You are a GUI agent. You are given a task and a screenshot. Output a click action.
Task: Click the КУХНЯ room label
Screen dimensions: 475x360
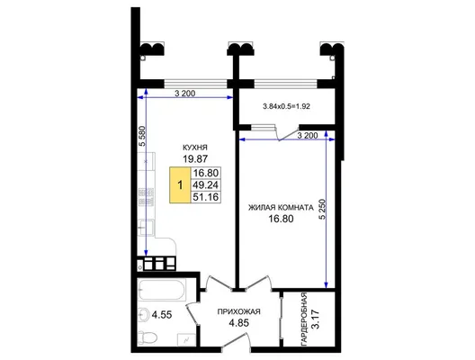click(195, 148)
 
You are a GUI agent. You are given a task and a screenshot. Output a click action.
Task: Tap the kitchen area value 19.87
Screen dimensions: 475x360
click(195, 158)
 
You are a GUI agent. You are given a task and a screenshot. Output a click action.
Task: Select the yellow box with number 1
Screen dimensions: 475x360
click(180, 184)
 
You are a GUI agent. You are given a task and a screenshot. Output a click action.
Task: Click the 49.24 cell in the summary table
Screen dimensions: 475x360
click(206, 184)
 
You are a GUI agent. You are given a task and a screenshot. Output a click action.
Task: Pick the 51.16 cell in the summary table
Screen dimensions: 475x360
click(206, 197)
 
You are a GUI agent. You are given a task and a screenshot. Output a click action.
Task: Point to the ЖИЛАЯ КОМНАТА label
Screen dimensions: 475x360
click(281, 208)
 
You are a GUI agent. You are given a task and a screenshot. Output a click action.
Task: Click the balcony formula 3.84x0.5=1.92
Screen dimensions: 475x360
click(286, 106)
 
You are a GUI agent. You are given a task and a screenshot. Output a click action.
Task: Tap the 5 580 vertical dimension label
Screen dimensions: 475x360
click(142, 136)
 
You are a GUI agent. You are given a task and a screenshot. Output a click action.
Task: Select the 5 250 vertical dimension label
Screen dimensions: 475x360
click(322, 209)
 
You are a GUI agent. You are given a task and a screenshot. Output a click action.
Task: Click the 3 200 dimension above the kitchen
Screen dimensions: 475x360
click(184, 94)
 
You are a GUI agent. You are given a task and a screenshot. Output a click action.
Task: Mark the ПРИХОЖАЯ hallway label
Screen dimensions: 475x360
click(238, 311)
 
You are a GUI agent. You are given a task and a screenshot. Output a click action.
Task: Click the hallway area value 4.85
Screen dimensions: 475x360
click(238, 323)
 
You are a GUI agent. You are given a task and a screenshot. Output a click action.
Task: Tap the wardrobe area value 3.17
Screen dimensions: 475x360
click(316, 319)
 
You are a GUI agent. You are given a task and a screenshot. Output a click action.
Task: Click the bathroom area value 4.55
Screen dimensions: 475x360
click(162, 315)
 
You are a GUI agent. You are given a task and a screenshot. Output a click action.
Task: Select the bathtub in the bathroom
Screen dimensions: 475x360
click(162, 290)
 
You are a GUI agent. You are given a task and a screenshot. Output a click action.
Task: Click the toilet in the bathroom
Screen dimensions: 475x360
click(148, 337)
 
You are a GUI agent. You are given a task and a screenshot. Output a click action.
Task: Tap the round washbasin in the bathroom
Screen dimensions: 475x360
click(143, 314)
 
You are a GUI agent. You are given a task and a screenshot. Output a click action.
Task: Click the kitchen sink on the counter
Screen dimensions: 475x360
click(147, 228)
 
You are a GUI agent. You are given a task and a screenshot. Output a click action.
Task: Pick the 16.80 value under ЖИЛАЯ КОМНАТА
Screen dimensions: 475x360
click(281, 219)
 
